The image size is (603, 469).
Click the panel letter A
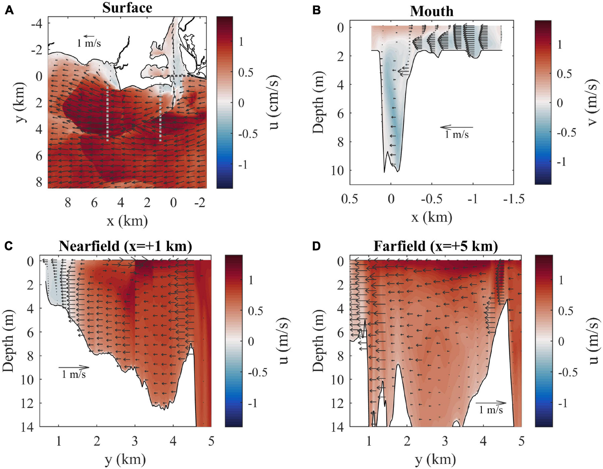click(x=9, y=10)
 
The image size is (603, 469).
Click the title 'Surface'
click(x=127, y=8)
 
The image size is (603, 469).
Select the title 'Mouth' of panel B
click(x=432, y=11)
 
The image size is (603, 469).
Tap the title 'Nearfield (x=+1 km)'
click(x=125, y=246)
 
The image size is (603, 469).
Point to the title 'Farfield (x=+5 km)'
click(x=436, y=246)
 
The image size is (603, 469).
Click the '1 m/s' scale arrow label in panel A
click(x=89, y=43)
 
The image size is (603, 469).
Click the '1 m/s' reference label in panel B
click(x=456, y=135)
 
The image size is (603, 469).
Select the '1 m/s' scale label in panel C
click(x=73, y=374)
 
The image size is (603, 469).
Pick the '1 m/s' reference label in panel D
click(x=491, y=410)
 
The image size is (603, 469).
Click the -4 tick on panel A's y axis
click(x=37, y=24)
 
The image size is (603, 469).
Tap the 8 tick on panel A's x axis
click(x=68, y=203)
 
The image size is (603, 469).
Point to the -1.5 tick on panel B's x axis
click(x=513, y=199)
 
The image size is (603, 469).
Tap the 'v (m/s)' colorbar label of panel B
click(x=592, y=103)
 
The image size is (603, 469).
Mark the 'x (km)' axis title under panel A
click(x=127, y=221)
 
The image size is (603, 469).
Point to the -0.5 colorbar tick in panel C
click(x=258, y=372)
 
